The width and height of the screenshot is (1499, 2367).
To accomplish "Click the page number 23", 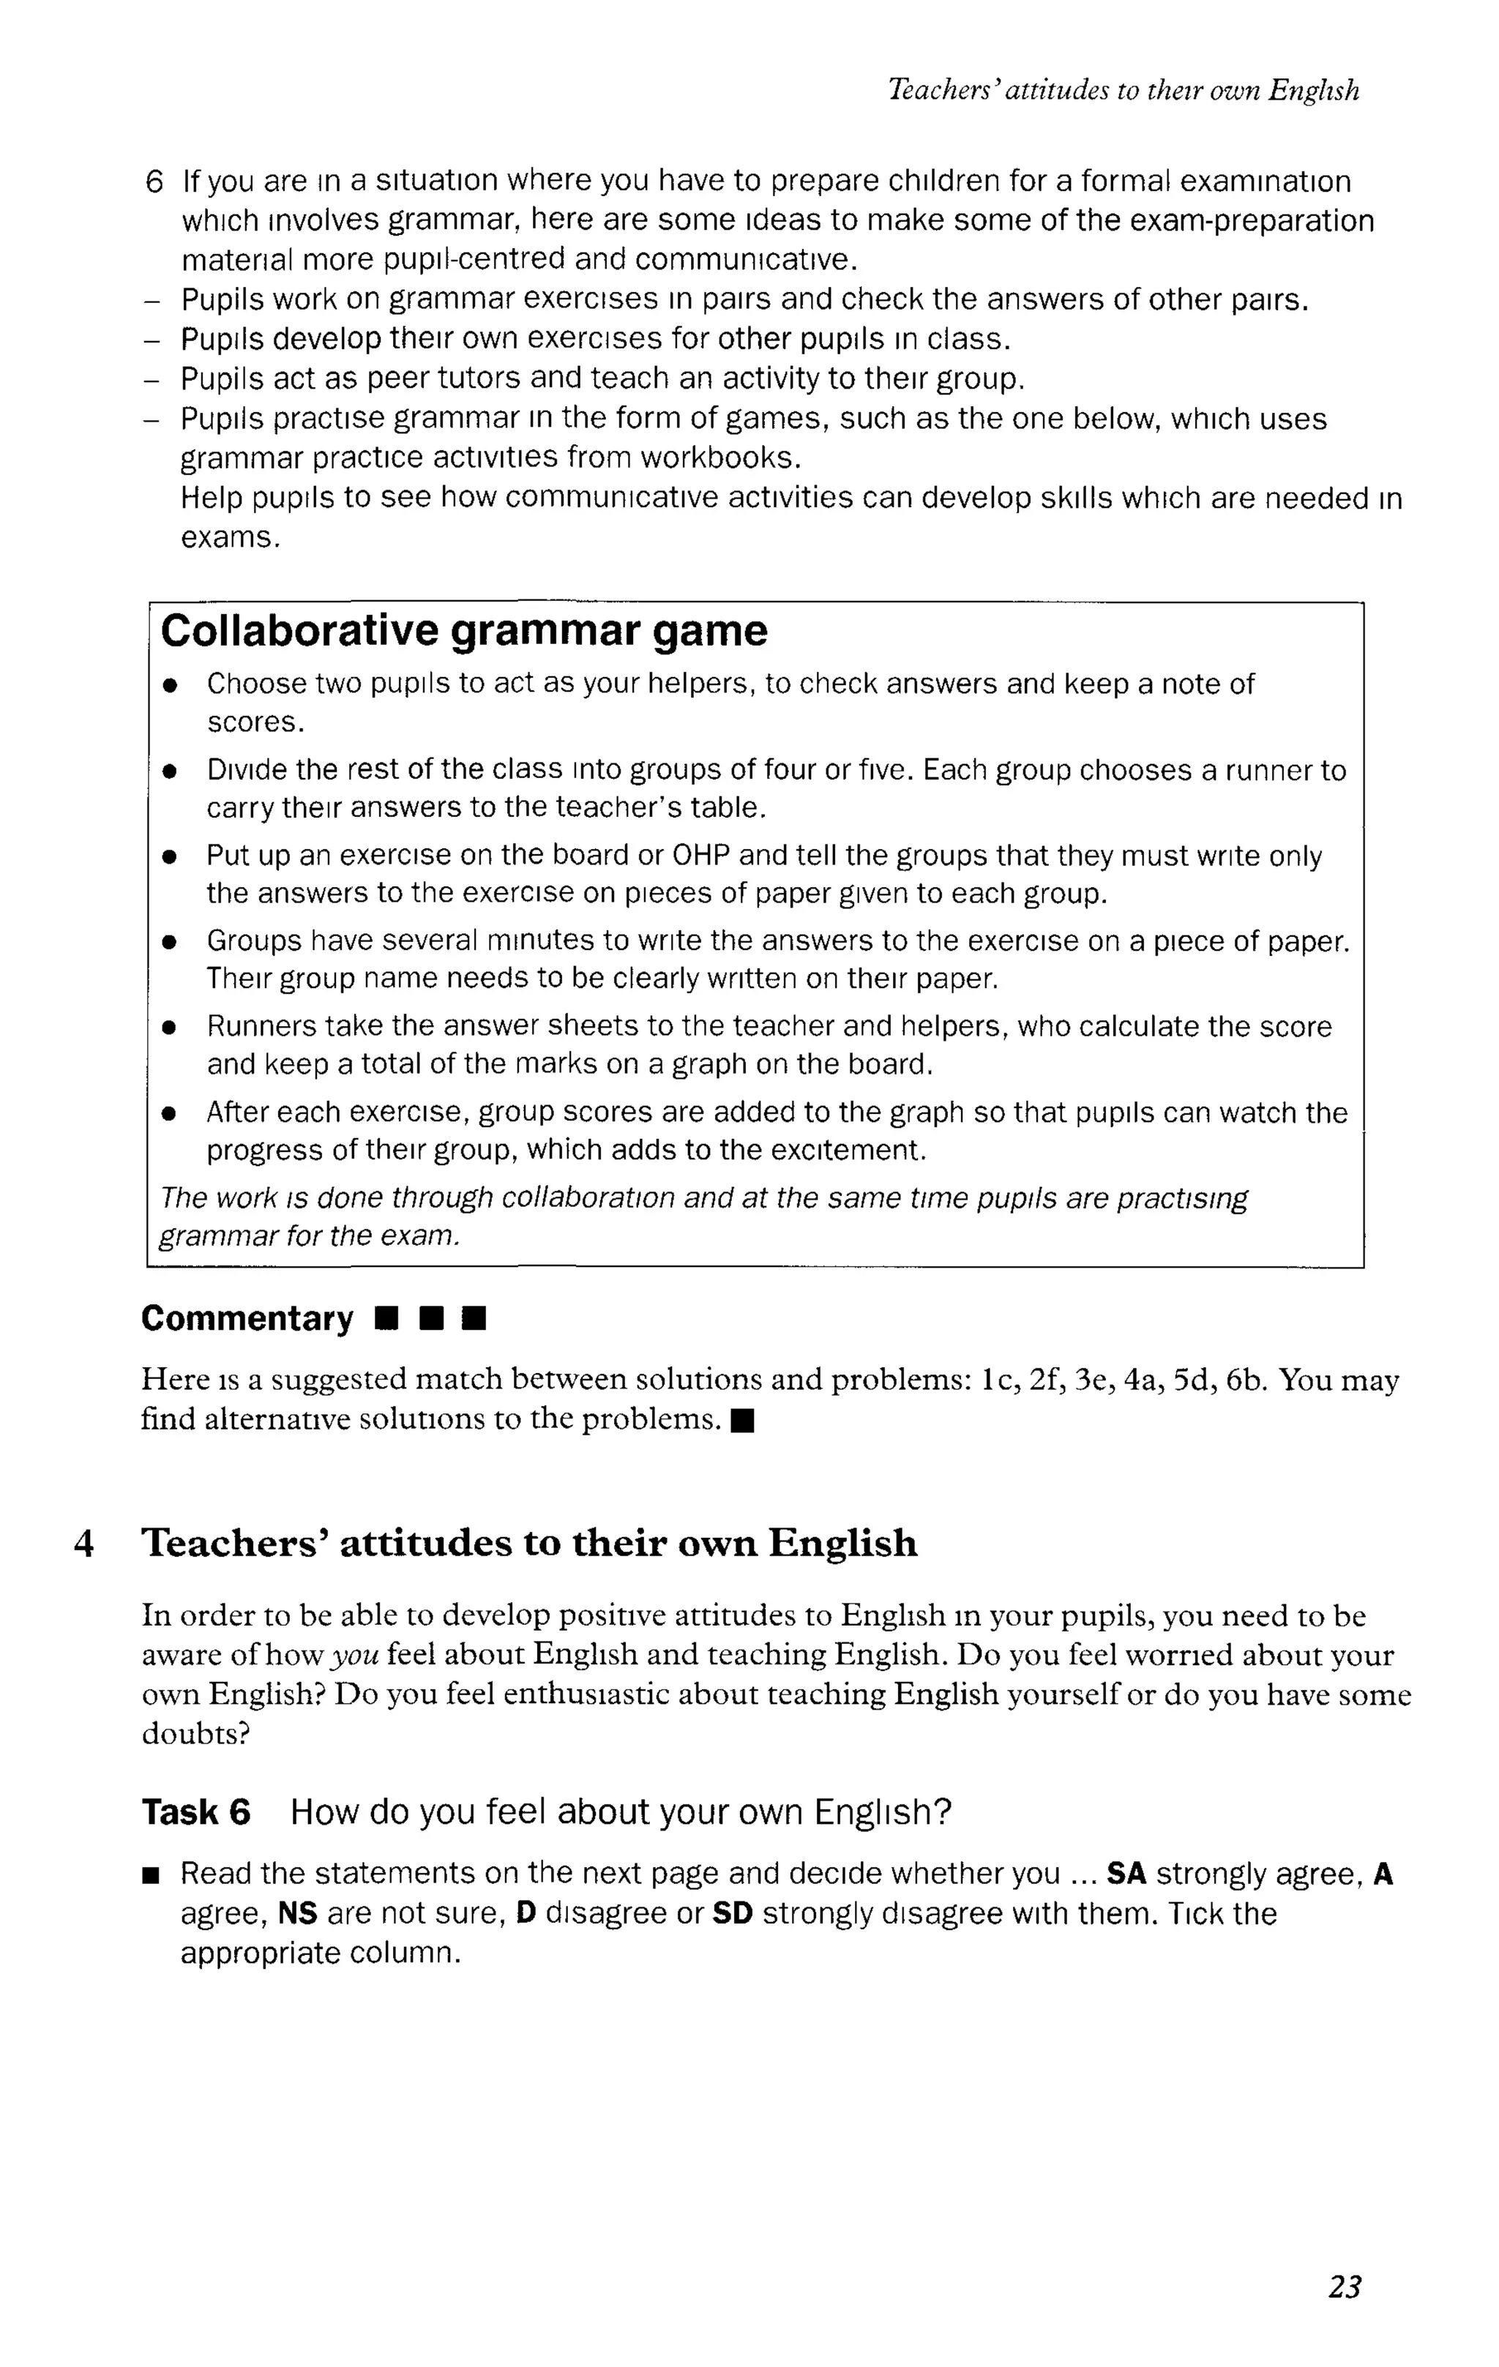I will (1344, 2286).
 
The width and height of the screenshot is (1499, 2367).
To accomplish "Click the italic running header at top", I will (1123, 91).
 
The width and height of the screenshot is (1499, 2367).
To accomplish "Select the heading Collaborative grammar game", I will (463, 631).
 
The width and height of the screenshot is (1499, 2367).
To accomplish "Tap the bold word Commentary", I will (247, 1318).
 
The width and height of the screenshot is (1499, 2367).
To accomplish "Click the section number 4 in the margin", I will (84, 1544).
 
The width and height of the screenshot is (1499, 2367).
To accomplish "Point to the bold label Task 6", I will (195, 1811).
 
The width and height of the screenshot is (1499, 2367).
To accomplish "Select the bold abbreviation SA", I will (1126, 1874).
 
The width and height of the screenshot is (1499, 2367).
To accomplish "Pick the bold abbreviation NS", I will (298, 1914).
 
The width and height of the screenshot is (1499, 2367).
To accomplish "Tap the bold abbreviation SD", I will (731, 1914).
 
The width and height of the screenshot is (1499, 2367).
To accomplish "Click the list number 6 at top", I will (154, 182).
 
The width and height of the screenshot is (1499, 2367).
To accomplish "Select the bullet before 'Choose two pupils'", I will (170, 686).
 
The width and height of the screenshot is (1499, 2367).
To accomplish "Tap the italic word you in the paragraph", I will (355, 1656).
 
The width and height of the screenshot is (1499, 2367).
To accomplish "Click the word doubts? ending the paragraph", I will (195, 1734).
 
